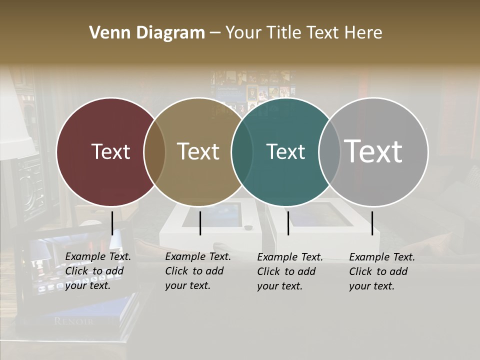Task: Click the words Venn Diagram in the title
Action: coord(147,33)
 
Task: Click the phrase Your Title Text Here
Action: coord(303,33)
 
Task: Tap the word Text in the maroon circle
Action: coord(110,151)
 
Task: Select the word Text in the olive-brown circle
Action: coord(198,151)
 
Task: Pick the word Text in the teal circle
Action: coord(285,151)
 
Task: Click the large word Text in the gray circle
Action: coord(373,151)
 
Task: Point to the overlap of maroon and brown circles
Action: coord(154,151)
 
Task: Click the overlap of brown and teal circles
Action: coord(242,151)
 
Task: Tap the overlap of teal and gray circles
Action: coord(329,151)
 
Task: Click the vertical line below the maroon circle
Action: coord(112,223)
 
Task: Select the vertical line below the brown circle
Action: coord(200,223)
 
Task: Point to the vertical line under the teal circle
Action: coord(288,223)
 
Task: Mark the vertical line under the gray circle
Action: coord(372,223)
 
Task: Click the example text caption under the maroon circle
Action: coord(98,271)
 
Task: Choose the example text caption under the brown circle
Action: coord(198,271)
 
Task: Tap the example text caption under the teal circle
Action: coord(290,271)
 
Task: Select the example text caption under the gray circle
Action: coord(382,271)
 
